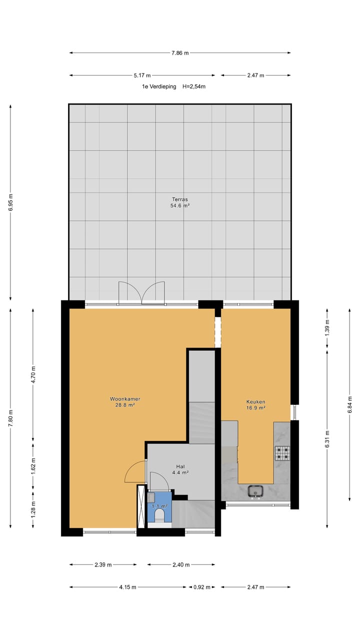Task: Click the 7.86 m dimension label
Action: pyautogui.click(x=180, y=52)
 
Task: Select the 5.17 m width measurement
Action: pyautogui.click(x=142, y=75)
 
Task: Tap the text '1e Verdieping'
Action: pyautogui.click(x=159, y=86)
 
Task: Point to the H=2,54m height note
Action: pyautogui.click(x=194, y=86)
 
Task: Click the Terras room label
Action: pyautogui.click(x=180, y=199)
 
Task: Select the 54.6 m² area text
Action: pyautogui.click(x=180, y=205)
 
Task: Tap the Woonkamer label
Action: pyautogui.click(x=125, y=399)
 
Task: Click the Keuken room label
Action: pyautogui.click(x=255, y=401)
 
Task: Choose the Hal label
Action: pyautogui.click(x=180, y=466)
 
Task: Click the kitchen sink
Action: pyautogui.click(x=256, y=491)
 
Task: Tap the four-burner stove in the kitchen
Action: pyautogui.click(x=282, y=453)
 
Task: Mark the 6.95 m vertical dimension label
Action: pyautogui.click(x=10, y=202)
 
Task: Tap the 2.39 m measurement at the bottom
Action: pyautogui.click(x=103, y=565)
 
